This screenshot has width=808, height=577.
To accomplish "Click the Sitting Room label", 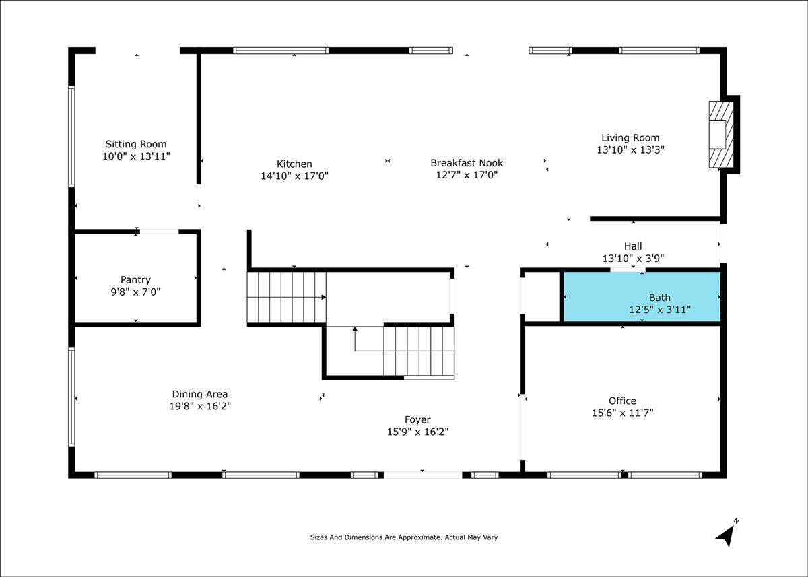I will (135, 144).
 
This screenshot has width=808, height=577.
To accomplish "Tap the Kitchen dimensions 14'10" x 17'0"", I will (294, 176).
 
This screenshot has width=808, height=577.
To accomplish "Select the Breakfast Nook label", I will (467, 163).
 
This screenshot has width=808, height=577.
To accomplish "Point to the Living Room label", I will (630, 138).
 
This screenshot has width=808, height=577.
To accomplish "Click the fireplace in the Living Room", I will (720, 133).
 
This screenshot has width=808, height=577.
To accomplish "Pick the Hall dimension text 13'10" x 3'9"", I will (632, 258).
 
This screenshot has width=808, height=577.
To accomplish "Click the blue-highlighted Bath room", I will (641, 297).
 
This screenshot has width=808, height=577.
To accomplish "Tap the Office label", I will (621, 401).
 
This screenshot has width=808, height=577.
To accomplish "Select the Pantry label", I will (135, 280).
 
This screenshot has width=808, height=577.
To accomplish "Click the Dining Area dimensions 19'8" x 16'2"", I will (199, 406).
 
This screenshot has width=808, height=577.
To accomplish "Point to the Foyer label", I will (417, 419).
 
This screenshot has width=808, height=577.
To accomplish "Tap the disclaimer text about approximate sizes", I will (403, 537).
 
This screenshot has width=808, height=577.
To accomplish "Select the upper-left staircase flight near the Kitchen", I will (286, 297).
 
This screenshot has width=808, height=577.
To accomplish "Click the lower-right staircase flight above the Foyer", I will (418, 351).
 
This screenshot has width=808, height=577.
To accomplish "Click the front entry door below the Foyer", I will (423, 475).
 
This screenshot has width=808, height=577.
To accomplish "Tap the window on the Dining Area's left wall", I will (71, 397).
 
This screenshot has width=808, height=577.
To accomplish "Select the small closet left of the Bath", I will (541, 297).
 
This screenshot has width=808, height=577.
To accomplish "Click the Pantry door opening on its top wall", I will (159, 232).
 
